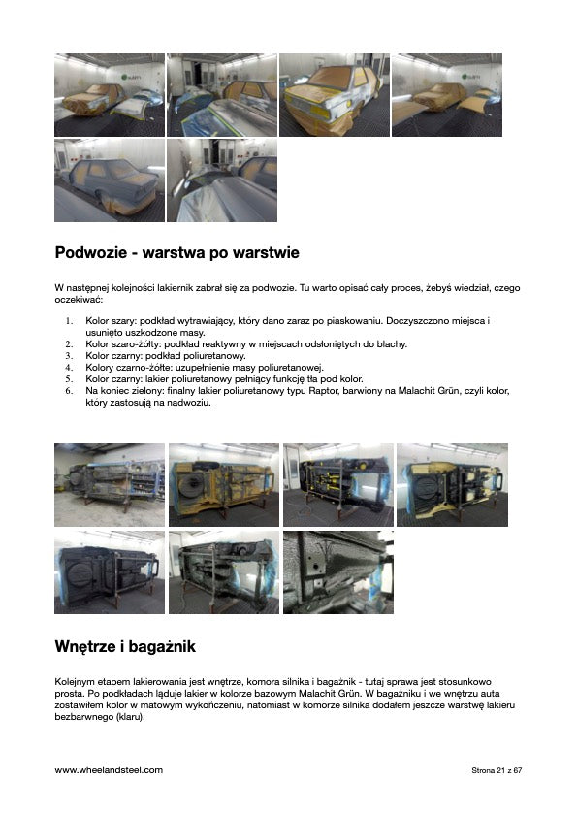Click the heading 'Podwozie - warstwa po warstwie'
[176, 253]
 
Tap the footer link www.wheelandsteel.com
[109, 769]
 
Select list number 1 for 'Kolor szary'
[70, 320]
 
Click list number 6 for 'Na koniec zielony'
[70, 390]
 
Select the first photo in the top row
[110, 95]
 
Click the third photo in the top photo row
[334, 95]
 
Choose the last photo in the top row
[446, 95]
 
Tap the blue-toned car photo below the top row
[110, 180]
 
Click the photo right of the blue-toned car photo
[222, 180]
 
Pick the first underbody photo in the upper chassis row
[110, 485]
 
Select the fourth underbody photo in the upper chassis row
[452, 485]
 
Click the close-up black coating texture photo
[338, 571]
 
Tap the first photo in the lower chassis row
[110, 571]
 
